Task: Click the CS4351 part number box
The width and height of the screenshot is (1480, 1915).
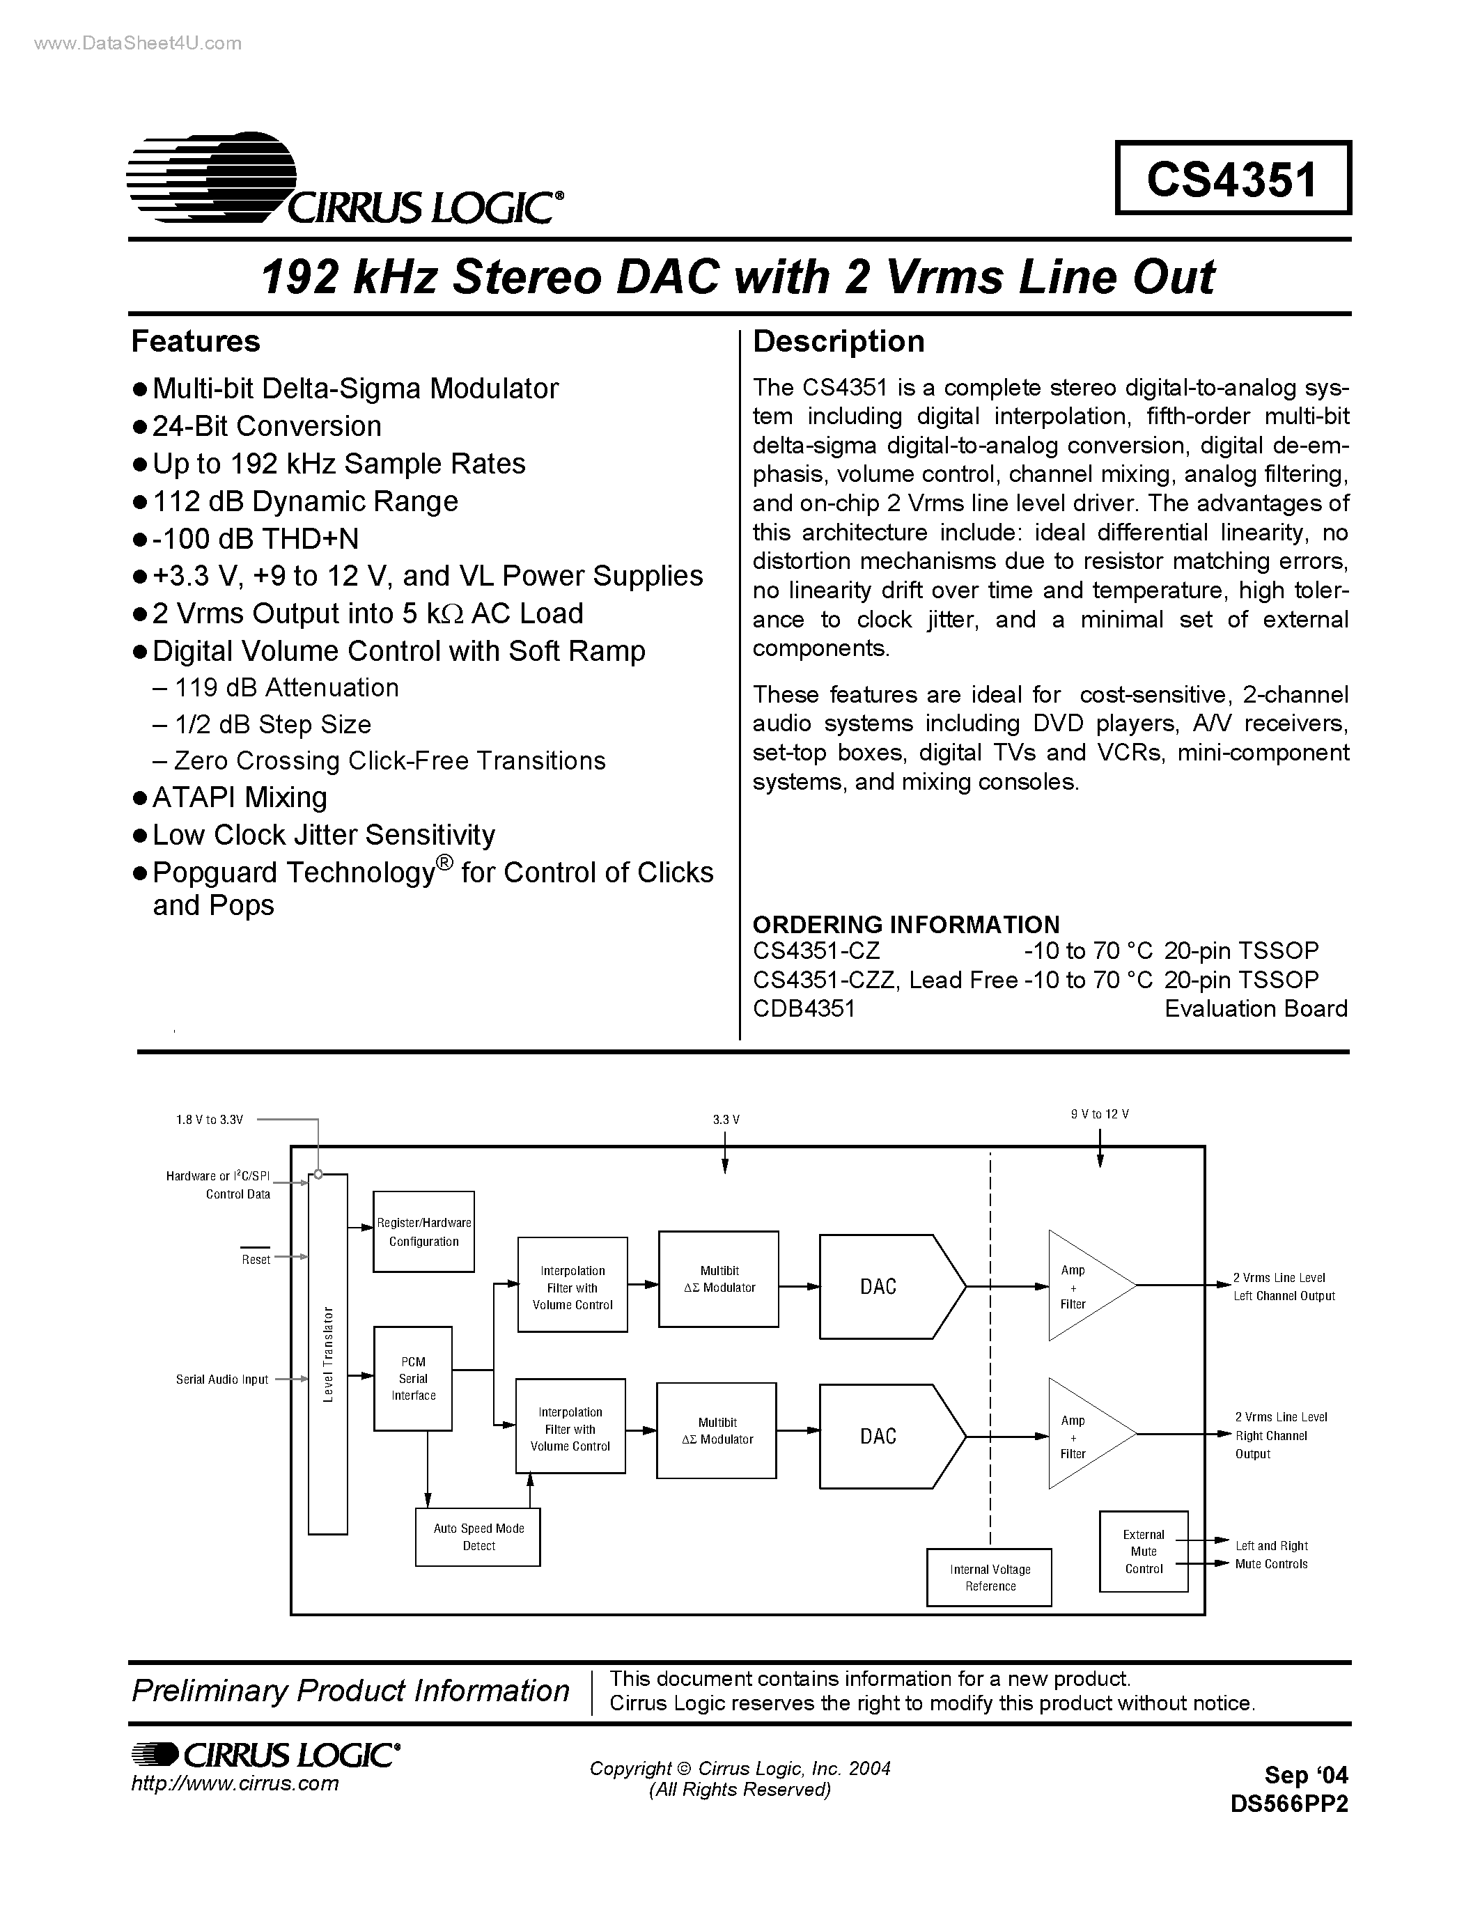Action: [1232, 178]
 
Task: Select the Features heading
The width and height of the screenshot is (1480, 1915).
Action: [196, 341]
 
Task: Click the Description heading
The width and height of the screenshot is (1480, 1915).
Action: [838, 341]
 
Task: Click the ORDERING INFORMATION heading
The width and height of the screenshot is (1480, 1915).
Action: [905, 924]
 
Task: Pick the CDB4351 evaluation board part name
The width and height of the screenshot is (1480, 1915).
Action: [803, 1008]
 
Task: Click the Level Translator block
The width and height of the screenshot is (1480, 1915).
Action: [328, 1354]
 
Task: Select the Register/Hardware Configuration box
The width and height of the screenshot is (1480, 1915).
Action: [423, 1232]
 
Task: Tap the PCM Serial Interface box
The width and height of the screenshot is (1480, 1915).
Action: [413, 1378]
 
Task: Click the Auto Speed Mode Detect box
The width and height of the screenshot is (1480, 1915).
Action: [478, 1537]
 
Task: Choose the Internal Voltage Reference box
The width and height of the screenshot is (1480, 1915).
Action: [990, 1577]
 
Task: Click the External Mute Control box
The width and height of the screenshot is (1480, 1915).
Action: [1144, 1551]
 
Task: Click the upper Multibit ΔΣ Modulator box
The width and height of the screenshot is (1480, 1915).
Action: [718, 1279]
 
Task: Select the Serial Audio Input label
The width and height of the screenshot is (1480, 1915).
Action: [221, 1379]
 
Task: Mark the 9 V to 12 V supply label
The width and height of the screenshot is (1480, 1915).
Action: [1100, 1114]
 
